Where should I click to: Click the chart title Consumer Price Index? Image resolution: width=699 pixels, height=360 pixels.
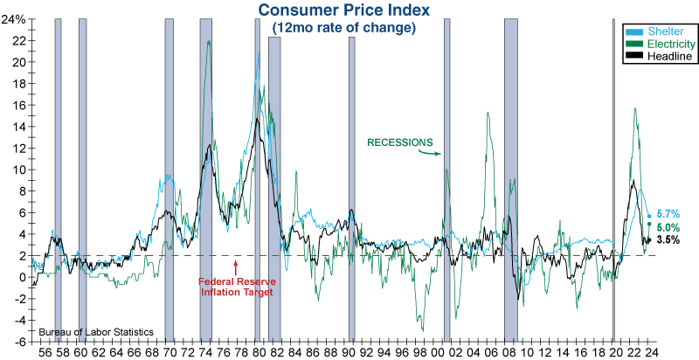(x=344, y=11)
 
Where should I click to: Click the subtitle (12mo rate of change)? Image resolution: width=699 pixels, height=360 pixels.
(x=344, y=28)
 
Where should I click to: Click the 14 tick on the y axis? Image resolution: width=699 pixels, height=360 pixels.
(x=19, y=127)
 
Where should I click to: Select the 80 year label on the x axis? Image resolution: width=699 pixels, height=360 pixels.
(x=258, y=353)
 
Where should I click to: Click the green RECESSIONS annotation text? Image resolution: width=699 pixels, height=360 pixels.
(x=399, y=142)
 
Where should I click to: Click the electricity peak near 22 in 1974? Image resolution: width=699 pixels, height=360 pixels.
(x=209, y=42)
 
